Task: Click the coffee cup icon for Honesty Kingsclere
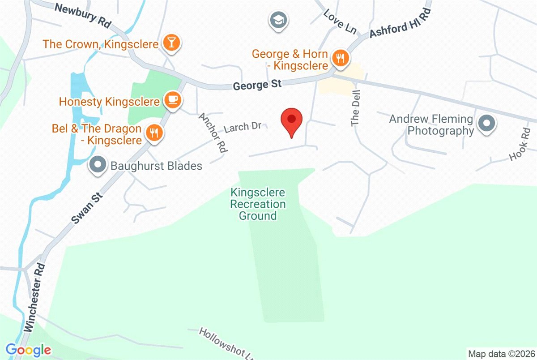[x=172, y=100]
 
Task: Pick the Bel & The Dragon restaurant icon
[x=154, y=133]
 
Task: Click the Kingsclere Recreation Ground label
[x=257, y=204]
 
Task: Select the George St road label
[x=257, y=84]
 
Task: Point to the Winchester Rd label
[x=36, y=297]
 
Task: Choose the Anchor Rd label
[x=213, y=133]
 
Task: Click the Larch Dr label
[x=243, y=127]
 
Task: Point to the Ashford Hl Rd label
[x=401, y=26]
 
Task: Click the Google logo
[x=28, y=349]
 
